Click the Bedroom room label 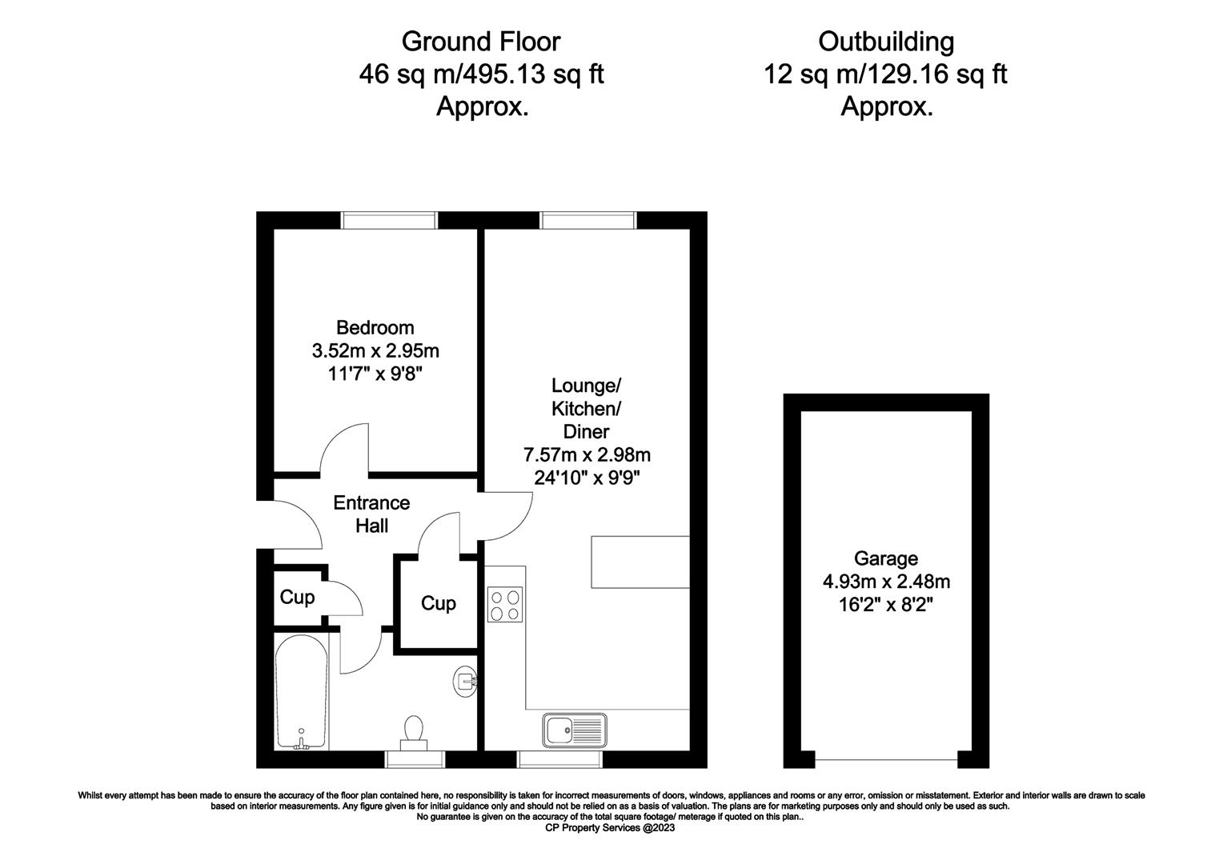tap(375, 327)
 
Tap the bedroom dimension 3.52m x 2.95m tap(375, 350)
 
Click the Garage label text tap(886, 559)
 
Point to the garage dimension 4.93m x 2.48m tap(886, 582)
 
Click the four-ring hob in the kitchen tap(505, 605)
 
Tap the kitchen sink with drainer tap(575, 730)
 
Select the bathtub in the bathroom tap(302, 692)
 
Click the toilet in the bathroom tap(414, 733)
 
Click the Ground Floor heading tap(481, 42)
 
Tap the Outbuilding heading tap(886, 42)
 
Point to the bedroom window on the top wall tap(389, 220)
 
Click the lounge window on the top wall tap(588, 220)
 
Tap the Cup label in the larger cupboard tap(439, 603)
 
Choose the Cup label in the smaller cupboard tap(297, 597)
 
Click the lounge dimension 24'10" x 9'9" tap(587, 478)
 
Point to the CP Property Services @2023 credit tap(610, 828)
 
